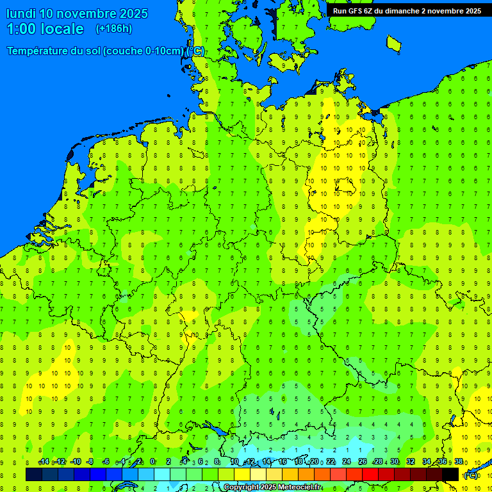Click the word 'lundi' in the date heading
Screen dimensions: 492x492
[x=21, y=13]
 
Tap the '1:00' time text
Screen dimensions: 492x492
[x=21, y=29]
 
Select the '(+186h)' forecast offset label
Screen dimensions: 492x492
[x=113, y=29]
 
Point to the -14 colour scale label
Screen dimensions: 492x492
[x=44, y=462]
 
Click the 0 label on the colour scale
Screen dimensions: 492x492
[x=152, y=462]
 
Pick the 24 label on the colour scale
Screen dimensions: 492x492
[x=347, y=462]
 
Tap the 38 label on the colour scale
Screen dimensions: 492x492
[x=459, y=462]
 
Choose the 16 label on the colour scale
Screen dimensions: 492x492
[x=282, y=462]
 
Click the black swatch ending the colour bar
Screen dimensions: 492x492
[x=450, y=474]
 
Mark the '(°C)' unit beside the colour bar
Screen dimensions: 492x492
[x=470, y=475]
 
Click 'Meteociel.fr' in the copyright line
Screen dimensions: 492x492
[x=300, y=488]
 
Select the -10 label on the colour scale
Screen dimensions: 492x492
[x=75, y=462]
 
